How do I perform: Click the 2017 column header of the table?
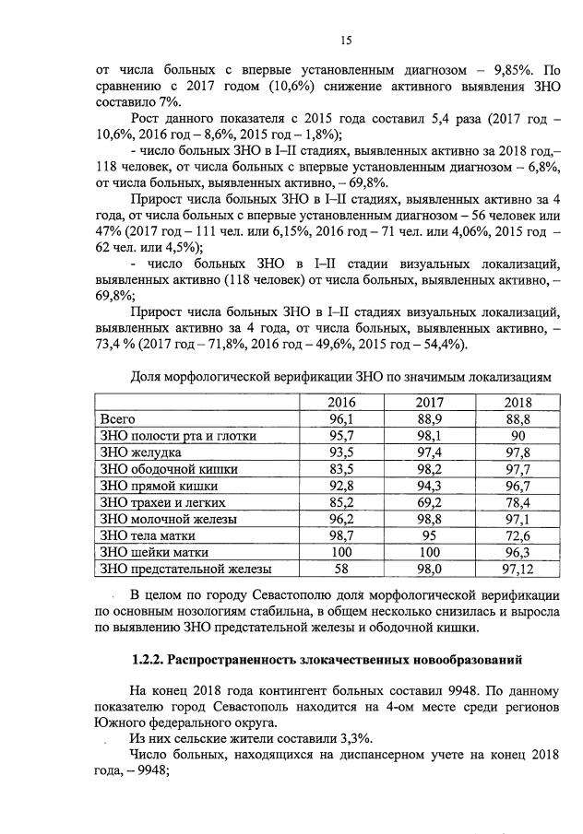(430, 403)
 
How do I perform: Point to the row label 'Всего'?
(117, 419)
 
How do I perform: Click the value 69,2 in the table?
(430, 502)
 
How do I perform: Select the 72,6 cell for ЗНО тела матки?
(518, 535)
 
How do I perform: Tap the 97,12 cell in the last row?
(518, 569)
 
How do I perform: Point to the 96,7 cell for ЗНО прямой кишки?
(518, 486)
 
